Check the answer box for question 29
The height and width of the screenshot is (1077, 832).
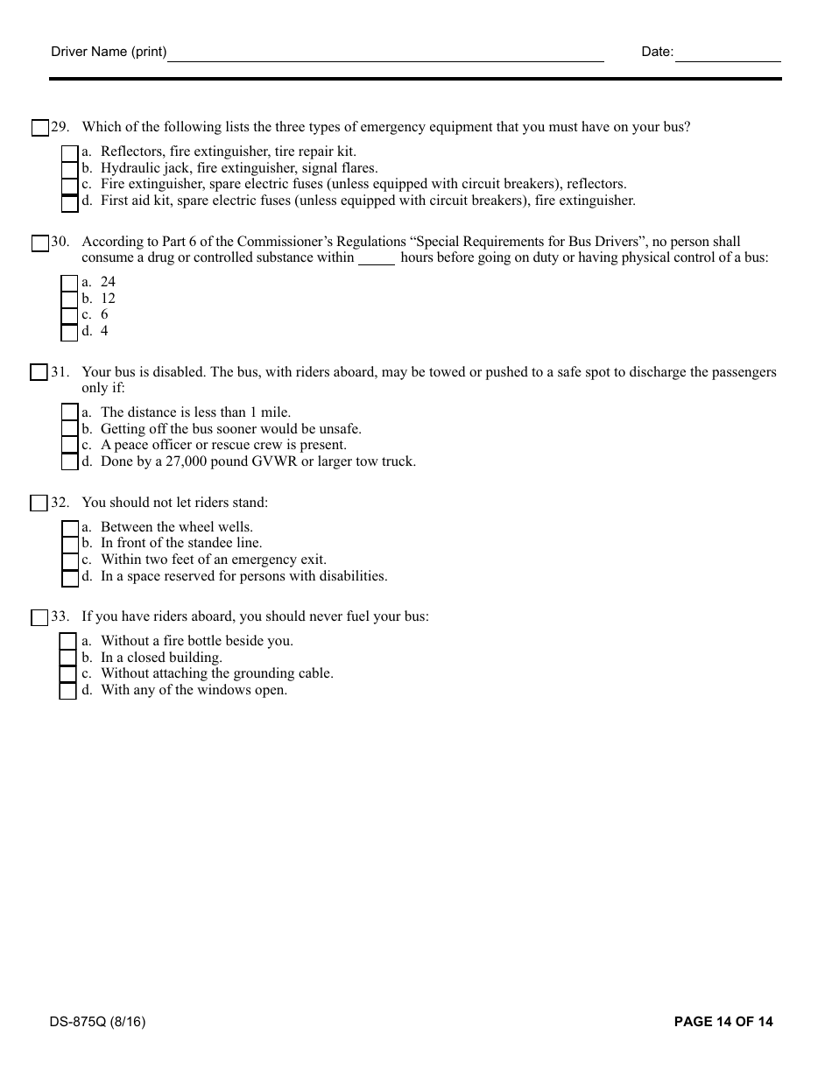pyautogui.click(x=40, y=128)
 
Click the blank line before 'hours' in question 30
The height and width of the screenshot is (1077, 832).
pyautogui.click(x=377, y=258)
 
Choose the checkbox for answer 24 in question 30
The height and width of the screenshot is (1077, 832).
pyautogui.click(x=70, y=283)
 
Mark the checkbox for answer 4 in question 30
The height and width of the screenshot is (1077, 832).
pyautogui.click(x=70, y=332)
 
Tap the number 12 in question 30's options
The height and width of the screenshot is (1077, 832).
pyautogui.click(x=108, y=299)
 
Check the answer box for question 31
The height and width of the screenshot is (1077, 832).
pyautogui.click(x=39, y=373)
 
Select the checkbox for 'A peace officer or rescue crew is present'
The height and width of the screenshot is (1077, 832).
pyautogui.click(x=70, y=446)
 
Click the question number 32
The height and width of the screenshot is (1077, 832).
pyautogui.click(x=60, y=503)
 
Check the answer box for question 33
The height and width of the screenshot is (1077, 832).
pyautogui.click(x=39, y=618)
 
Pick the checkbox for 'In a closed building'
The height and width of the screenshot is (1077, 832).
pyautogui.click(x=68, y=658)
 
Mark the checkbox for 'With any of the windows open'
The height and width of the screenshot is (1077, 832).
pyautogui.click(x=68, y=691)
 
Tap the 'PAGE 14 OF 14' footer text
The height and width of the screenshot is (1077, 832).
pyautogui.click(x=723, y=1022)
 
